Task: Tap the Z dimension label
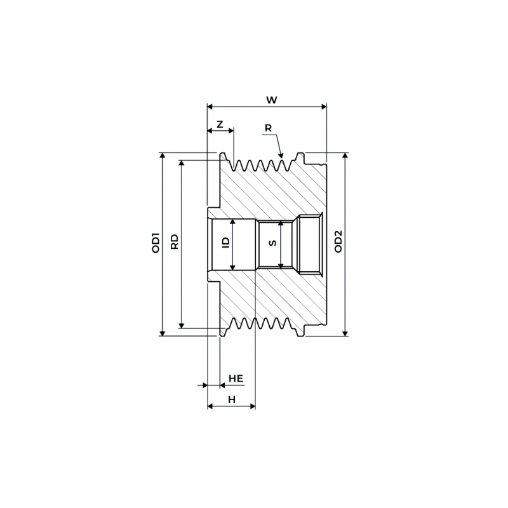pyautogui.click(x=220, y=124)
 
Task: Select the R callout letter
pyautogui.click(x=268, y=128)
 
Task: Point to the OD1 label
pyautogui.click(x=154, y=244)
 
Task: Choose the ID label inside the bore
pyautogui.click(x=224, y=243)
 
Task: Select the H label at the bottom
pyautogui.click(x=232, y=399)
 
